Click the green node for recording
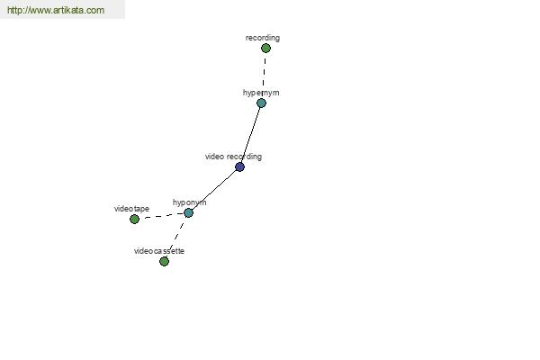coord(265,49)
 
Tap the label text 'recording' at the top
coord(263,38)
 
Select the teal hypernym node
coord(261,103)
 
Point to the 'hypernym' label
coord(261,93)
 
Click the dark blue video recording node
coord(239,167)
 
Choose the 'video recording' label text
coord(233,157)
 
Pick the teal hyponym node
coord(188,213)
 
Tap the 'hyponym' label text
coord(189,202)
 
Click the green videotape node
coord(134,219)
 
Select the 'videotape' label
coord(131,209)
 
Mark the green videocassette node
coord(165,262)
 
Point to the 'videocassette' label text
coord(159,251)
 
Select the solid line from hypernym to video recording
coord(251,135)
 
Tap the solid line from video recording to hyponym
coord(214,190)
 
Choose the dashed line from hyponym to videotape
coord(161,216)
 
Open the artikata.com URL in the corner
coord(56,10)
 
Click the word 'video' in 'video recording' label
coord(214,157)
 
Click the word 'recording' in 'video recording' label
coord(245,157)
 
